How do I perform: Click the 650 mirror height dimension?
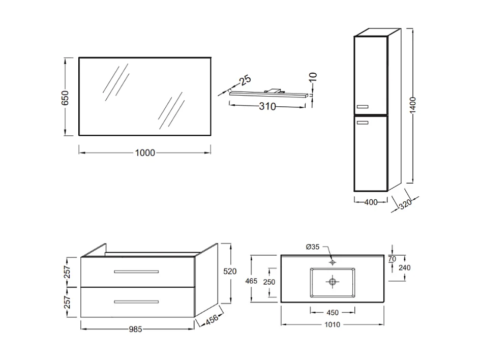(x=65, y=97)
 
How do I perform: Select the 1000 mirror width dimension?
(x=145, y=153)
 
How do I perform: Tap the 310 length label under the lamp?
(x=267, y=107)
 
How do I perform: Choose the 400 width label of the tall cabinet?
(x=371, y=202)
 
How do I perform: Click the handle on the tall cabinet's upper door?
(x=363, y=106)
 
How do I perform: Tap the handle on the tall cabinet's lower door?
(x=363, y=122)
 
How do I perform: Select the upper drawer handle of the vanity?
(x=136, y=272)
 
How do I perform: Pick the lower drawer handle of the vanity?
(x=136, y=302)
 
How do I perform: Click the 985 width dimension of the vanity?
(x=135, y=329)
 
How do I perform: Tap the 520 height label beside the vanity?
(x=230, y=272)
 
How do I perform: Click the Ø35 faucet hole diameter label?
(x=313, y=247)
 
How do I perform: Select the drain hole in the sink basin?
(x=333, y=281)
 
